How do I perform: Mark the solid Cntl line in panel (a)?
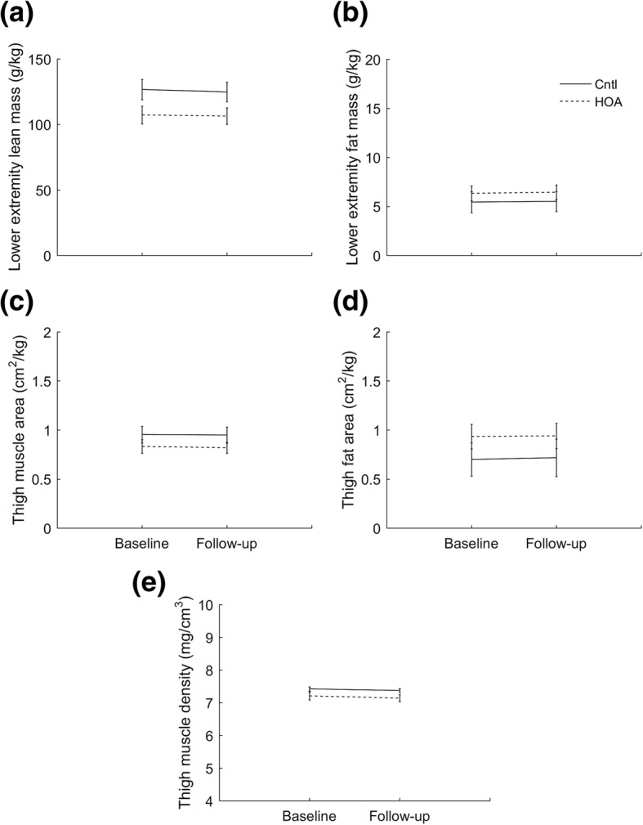[185, 91]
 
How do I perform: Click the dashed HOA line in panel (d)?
[514, 436]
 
